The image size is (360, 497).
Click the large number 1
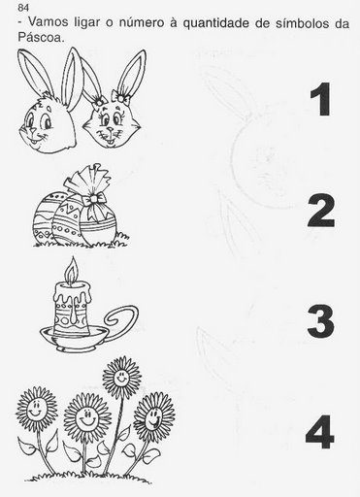(321, 99)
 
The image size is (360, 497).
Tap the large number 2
(320, 211)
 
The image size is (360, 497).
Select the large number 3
(320, 321)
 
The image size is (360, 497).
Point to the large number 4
(319, 432)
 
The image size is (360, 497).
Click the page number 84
(23, 8)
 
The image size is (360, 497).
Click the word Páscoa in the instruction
(40, 37)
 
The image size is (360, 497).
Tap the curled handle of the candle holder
(120, 320)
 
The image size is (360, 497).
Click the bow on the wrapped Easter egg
(94, 199)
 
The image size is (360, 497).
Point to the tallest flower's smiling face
(121, 377)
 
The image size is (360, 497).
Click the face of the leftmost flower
(36, 409)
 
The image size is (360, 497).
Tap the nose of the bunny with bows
(111, 129)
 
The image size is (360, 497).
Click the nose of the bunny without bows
(32, 130)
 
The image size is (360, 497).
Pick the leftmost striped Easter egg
(46, 217)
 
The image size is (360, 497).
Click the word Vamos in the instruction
(49, 22)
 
